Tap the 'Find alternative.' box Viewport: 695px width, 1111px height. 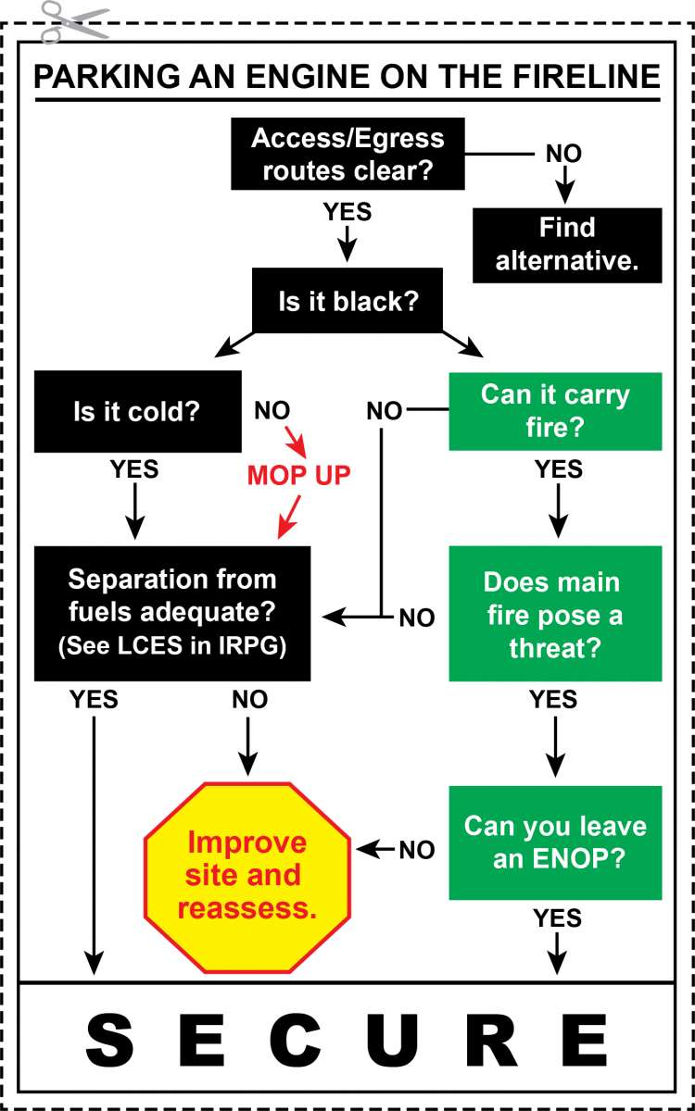point(567,244)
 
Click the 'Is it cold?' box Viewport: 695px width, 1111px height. point(137,411)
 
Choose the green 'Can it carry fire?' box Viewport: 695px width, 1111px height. point(555,411)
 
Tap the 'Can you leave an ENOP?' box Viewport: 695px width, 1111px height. point(555,842)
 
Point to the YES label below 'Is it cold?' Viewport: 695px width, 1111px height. point(134,469)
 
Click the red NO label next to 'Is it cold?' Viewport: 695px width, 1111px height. point(272,410)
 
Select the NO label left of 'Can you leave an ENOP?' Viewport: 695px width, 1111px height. point(417,849)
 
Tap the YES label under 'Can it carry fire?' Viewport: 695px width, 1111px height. point(559,469)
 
